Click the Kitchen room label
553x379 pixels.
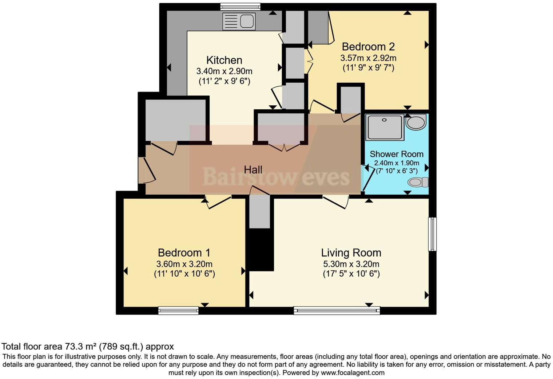point(224,60)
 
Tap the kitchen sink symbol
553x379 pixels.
point(239,21)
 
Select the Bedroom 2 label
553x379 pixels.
point(368,47)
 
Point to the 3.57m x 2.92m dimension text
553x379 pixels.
point(368,58)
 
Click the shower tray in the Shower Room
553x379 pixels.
point(385,127)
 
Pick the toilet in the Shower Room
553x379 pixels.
point(418,182)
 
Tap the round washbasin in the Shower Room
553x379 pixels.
point(416,122)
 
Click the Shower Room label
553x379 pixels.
point(396,154)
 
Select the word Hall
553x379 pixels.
point(253,169)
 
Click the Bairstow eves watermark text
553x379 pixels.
point(276,177)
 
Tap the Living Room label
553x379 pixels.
point(351,253)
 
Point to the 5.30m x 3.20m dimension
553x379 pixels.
point(351,264)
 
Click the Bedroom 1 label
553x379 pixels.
point(184,253)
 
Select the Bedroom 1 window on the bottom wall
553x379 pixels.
point(178,310)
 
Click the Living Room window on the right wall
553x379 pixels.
point(432,234)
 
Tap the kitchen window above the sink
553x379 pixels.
point(240,7)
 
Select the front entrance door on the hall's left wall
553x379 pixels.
point(142,170)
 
